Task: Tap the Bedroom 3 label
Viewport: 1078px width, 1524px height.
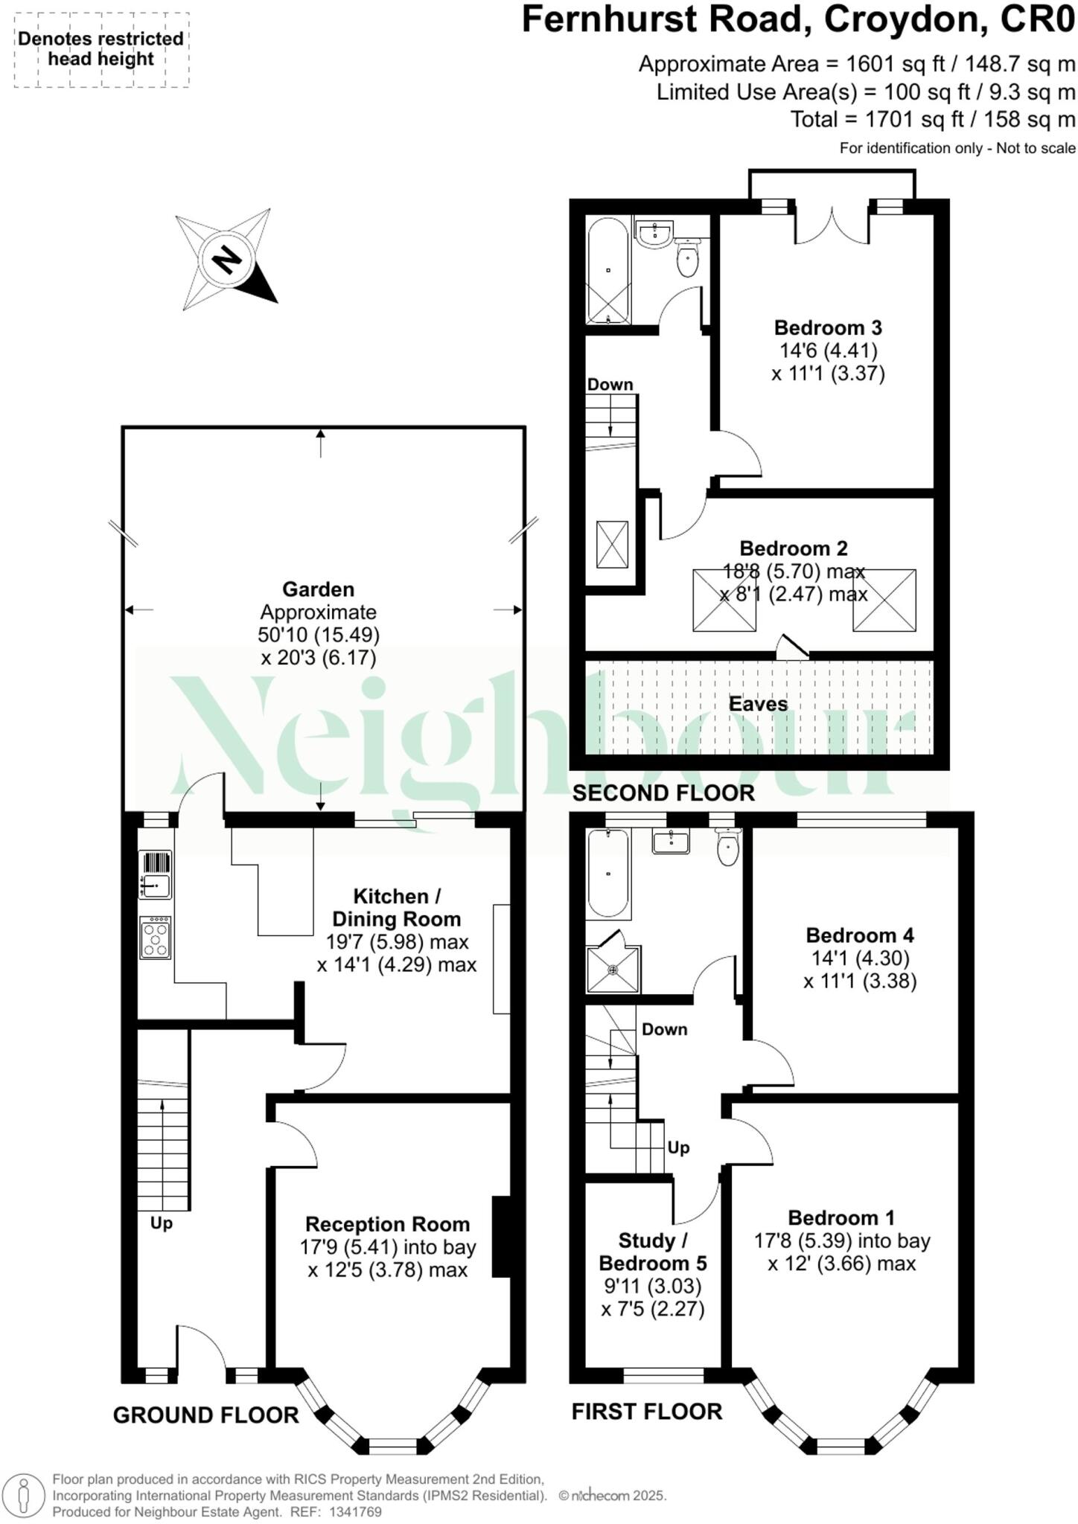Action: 828,327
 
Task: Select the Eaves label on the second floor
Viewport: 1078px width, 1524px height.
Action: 758,704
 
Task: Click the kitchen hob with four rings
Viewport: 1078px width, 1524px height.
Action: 156,938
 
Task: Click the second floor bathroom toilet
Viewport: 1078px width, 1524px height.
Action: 687,260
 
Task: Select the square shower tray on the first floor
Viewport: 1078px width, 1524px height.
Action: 613,969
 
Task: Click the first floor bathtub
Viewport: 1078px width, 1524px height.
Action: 608,873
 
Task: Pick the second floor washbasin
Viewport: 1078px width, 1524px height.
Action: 655,234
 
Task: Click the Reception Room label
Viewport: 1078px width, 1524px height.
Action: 387,1224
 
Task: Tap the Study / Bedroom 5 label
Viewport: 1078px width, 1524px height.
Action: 653,1252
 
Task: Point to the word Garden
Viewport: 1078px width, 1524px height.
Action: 318,589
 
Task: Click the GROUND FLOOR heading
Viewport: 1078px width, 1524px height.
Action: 205,1415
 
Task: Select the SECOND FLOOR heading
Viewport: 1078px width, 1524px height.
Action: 663,793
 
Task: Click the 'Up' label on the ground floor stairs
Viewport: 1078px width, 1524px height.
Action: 162,1223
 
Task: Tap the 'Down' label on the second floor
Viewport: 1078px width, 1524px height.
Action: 610,385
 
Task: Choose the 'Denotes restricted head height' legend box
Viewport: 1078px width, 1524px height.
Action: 101,50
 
